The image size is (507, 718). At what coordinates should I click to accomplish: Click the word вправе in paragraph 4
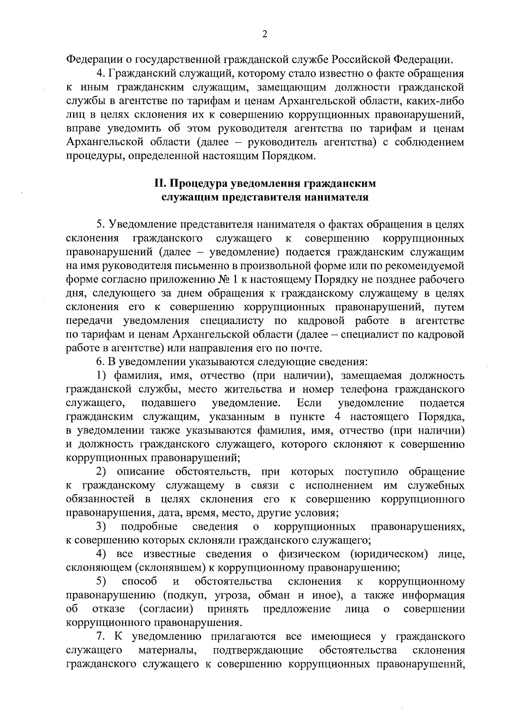[83, 128]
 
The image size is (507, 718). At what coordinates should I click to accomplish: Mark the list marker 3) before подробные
[101, 527]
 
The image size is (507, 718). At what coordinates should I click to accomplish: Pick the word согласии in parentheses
[166, 609]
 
